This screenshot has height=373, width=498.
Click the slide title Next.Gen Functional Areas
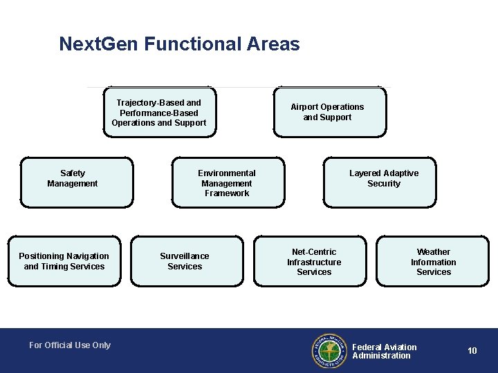click(x=179, y=45)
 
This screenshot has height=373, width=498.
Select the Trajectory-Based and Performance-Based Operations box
click(x=160, y=113)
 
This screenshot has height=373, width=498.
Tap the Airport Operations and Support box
click(x=329, y=112)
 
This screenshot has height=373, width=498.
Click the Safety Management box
click(x=76, y=182)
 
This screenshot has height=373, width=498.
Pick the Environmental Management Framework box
click(x=228, y=183)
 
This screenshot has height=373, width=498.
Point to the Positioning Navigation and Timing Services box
click(x=64, y=261)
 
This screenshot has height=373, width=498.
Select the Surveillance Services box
click(x=187, y=261)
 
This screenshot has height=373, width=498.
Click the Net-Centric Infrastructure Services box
click(x=314, y=262)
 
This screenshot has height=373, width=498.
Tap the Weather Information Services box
click(x=434, y=262)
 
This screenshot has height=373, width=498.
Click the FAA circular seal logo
click(x=329, y=351)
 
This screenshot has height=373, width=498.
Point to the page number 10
click(x=472, y=351)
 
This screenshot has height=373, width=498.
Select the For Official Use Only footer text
click(x=70, y=345)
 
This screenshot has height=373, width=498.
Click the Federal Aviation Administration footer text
click(x=385, y=352)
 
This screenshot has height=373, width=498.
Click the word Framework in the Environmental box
click(x=227, y=193)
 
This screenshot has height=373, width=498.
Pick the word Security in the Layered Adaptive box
click(x=384, y=184)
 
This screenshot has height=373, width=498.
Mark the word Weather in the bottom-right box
click(x=434, y=252)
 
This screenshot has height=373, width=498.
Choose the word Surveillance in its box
click(x=185, y=256)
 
